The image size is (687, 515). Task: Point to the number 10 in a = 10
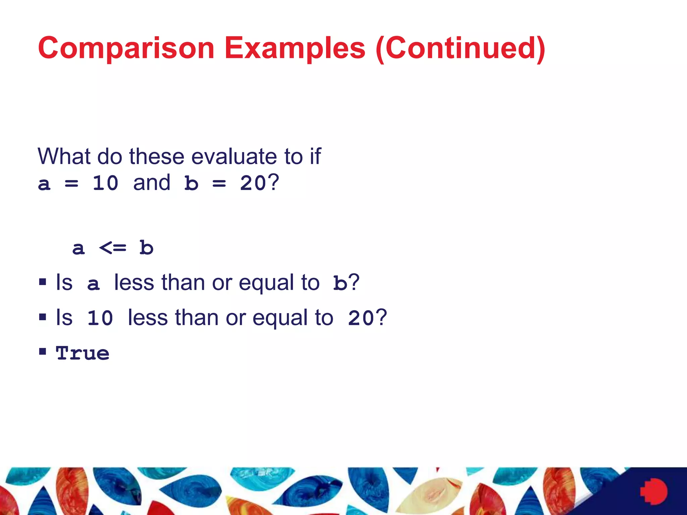coord(105,183)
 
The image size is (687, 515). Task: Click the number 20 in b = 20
coord(253,183)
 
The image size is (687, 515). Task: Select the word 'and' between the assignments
coord(152,183)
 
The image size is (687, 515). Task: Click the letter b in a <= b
coord(146,248)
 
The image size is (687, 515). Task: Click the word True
coord(83,353)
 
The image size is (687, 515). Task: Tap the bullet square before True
coord(43,351)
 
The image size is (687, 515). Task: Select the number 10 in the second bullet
coord(100,318)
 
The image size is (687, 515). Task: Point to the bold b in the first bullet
coord(340,283)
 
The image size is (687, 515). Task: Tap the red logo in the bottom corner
coord(654,492)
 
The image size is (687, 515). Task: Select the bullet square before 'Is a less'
coord(43,282)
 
